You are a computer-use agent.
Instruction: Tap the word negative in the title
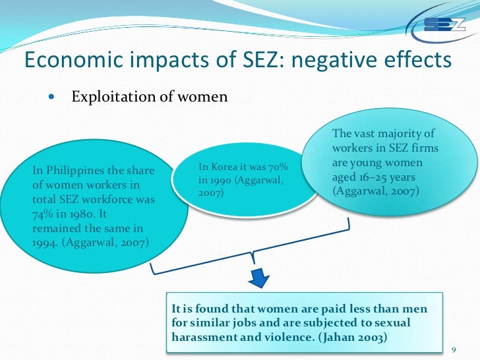[318, 60]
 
